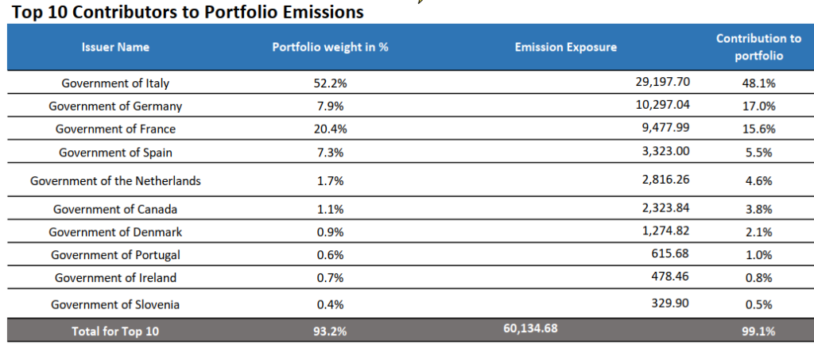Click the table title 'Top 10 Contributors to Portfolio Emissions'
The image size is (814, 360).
188,12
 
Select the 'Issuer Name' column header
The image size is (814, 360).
115,47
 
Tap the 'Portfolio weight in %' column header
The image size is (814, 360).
330,47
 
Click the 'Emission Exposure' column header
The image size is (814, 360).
565,47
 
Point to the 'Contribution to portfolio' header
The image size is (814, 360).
758,47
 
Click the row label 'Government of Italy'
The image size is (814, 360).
115,83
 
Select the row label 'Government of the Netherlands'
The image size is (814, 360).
115,180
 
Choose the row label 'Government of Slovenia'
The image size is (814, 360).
115,304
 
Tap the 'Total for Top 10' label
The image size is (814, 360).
115,331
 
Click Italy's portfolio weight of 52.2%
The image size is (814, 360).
330,83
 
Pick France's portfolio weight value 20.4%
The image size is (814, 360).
330,129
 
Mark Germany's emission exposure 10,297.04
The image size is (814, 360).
663,105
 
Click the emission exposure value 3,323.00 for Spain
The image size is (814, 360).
666,152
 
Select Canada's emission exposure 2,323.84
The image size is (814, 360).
666,209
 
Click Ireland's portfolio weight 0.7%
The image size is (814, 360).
330,277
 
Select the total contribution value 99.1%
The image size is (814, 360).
758,331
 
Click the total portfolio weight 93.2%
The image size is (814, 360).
330,331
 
